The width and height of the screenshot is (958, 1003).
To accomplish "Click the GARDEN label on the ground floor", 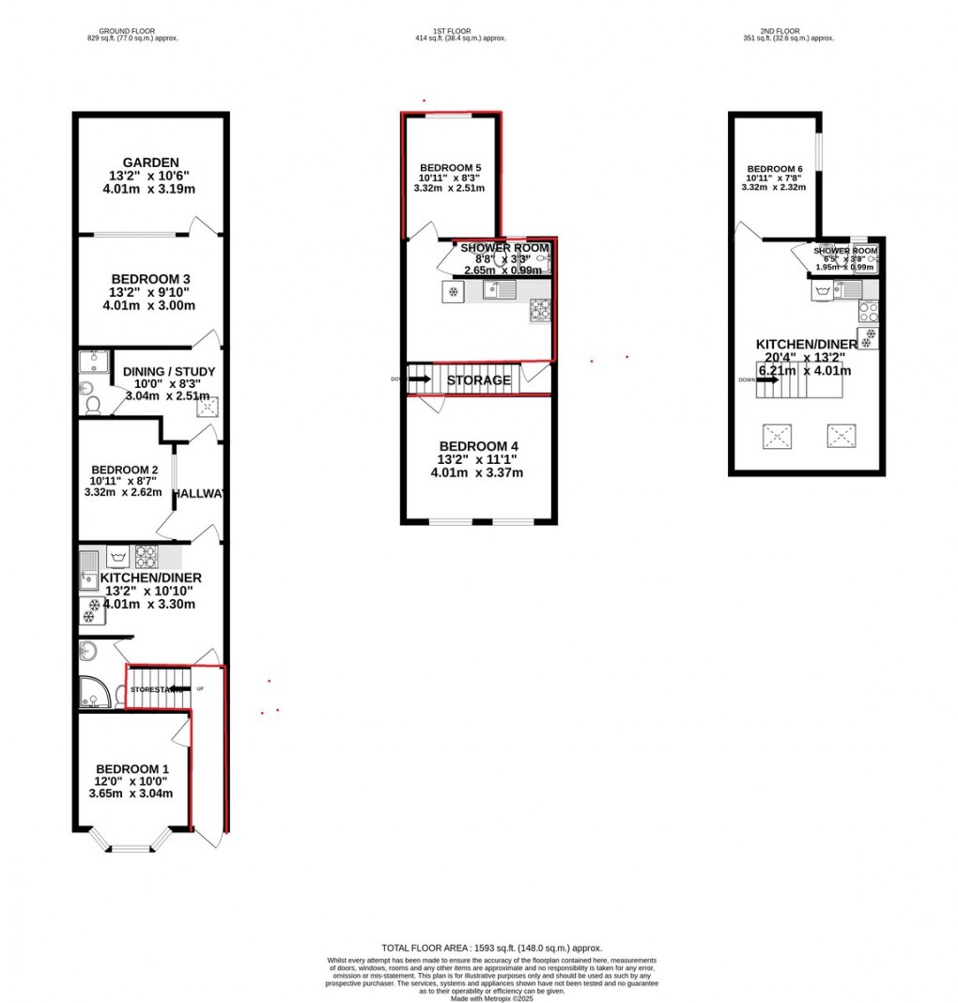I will click(x=150, y=162).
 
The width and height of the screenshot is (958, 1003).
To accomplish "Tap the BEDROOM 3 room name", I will click(x=150, y=279).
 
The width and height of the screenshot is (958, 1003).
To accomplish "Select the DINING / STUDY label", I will click(x=169, y=372).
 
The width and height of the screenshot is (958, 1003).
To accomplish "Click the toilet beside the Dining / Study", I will click(x=92, y=405).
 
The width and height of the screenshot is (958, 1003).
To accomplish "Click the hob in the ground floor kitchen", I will click(x=147, y=557).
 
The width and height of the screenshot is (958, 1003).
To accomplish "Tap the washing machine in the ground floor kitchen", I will click(x=118, y=557).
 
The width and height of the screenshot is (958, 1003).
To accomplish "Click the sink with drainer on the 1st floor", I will click(x=499, y=290).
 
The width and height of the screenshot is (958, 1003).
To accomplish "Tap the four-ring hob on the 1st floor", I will click(x=540, y=309).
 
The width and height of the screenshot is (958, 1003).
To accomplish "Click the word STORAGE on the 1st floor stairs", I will click(x=479, y=380).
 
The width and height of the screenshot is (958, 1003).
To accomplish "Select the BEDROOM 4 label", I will click(x=479, y=446).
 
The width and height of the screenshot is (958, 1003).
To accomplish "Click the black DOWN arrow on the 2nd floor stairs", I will click(x=767, y=380).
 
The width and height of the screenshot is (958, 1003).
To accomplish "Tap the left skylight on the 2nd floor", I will click(x=778, y=436).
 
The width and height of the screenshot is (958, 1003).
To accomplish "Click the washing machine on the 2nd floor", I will click(x=823, y=291).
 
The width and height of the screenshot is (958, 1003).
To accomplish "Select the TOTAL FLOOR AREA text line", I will click(x=491, y=949).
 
